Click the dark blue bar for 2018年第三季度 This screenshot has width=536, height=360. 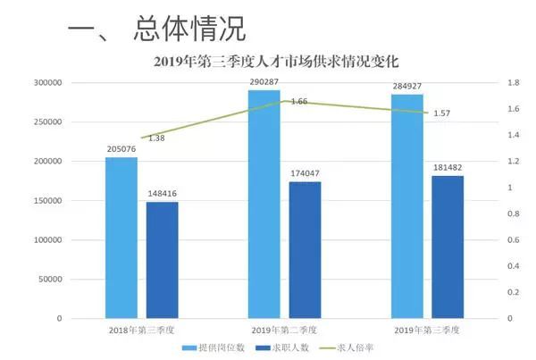(162, 260)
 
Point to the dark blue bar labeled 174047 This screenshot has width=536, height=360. (305, 250)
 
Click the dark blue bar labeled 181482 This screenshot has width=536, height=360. (448, 247)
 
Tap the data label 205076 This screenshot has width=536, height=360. (121, 149)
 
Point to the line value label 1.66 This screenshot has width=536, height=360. (299, 102)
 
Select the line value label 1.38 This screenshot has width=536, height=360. (156, 138)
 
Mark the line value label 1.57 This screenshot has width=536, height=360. (440, 113)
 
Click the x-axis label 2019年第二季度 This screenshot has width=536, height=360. (284, 331)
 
